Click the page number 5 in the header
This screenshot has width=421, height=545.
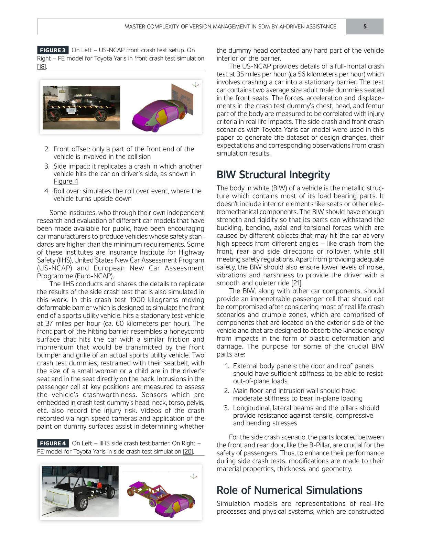365,26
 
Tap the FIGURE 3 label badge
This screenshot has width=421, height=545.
53,50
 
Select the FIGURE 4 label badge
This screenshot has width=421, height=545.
53,444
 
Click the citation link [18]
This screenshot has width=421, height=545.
41,67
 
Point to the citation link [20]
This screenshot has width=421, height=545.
188,451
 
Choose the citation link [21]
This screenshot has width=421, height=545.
296,283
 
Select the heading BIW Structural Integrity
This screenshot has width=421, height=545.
273,175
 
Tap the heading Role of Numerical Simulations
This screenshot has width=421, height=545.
289,490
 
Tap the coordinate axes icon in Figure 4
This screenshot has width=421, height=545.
194,476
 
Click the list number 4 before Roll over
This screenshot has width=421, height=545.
47,191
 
